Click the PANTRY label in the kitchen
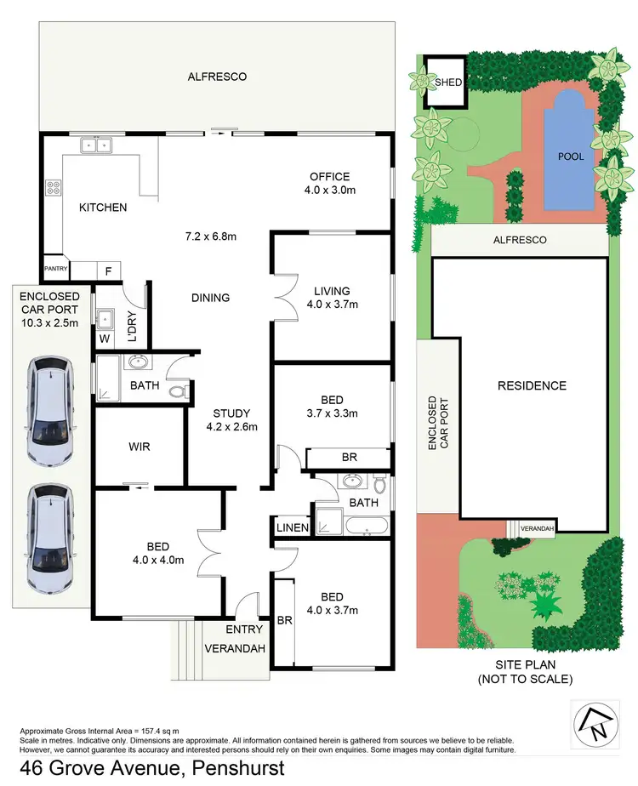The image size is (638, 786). click(56, 269)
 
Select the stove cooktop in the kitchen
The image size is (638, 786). click(52, 186)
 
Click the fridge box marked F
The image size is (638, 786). click(108, 270)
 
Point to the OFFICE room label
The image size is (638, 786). click(328, 177)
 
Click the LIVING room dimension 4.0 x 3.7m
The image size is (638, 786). click(332, 304)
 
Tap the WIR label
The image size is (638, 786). click(139, 445)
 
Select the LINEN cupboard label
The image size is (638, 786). click(292, 528)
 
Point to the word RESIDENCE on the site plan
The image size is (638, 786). click(532, 385)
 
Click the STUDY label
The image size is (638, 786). click(231, 414)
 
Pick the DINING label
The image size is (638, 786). click(210, 298)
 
